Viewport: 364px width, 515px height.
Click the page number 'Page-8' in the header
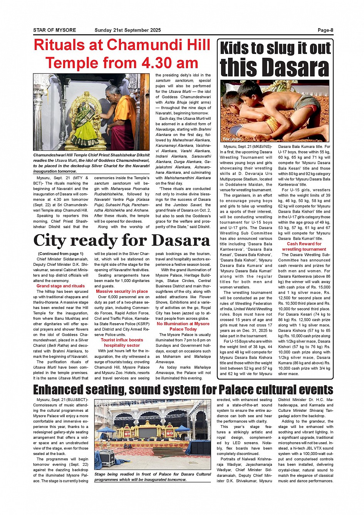click(325, 30)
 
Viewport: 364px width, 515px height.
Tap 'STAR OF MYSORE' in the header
click(54, 30)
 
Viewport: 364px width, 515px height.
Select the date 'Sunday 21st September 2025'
click(127, 30)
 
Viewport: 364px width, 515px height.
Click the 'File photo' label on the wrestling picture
click(231, 139)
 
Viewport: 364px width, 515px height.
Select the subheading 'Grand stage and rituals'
click(60, 286)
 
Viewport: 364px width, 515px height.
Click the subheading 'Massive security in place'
click(122, 292)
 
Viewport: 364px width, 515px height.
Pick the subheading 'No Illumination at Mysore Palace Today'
click(183, 327)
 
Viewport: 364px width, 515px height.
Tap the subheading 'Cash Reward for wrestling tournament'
click(304, 247)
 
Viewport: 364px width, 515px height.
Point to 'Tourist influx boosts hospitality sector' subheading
click(122, 343)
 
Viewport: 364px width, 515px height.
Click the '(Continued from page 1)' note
click(60, 254)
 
